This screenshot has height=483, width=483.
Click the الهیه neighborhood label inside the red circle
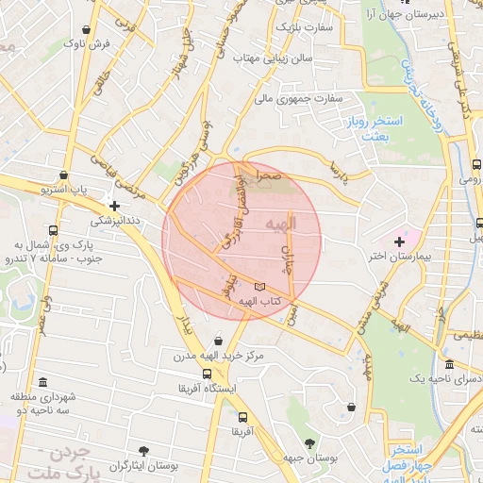[304, 224]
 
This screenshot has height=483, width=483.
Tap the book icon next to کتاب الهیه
[260, 286]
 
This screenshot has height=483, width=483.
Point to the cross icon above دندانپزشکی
[114, 205]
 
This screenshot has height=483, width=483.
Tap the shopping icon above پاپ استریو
[63, 175]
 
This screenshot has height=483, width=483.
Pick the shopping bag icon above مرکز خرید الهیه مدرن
[219, 341]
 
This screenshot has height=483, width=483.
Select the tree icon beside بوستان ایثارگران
[143, 452]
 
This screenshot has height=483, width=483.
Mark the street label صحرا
[269, 176]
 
